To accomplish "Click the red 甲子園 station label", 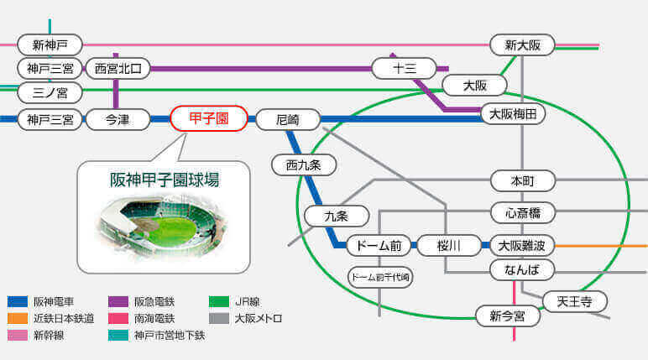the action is coord(209,118).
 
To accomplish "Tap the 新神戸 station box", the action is coord(50,45).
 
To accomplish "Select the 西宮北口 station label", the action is coord(118,69).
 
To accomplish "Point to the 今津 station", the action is coord(118,120).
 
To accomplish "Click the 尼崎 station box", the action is coord(288,120).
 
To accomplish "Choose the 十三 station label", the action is coord(405,68).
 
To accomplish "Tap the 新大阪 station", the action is coord(522,45).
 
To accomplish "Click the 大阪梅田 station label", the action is coord(513,113).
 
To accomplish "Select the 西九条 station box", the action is coord(304,165).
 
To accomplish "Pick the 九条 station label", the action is coord(337,217).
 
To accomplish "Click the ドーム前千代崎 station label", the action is coord(380,277).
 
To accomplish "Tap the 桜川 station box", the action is coord(449,246).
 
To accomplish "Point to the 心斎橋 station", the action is coord(523,213).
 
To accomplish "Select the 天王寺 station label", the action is coord(574,302).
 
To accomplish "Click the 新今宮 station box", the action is coord(508,316).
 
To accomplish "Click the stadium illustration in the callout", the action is coord(163,227).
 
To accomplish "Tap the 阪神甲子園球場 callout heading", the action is coord(164,180).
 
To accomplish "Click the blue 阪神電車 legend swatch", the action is coord(18,302).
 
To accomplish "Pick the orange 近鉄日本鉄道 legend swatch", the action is coord(18,318).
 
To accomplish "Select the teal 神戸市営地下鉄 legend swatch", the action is coord(118,335).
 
